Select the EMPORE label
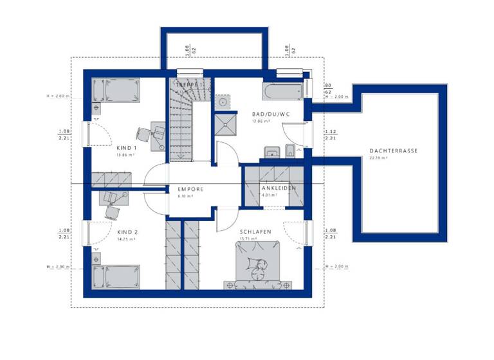(x=190, y=189)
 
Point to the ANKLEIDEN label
(x=278, y=188)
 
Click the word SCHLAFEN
(x=255, y=231)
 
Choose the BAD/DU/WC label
(x=270, y=114)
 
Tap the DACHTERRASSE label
(x=394, y=151)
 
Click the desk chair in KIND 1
(x=143, y=135)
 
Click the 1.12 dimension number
(x=330, y=131)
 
